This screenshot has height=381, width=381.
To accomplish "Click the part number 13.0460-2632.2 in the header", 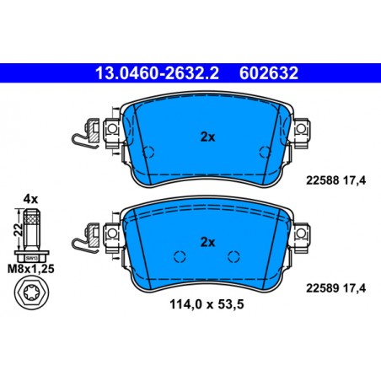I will click(148, 74).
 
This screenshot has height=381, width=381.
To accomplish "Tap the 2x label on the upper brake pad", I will click(207, 136).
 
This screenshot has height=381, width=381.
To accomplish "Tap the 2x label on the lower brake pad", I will click(207, 241).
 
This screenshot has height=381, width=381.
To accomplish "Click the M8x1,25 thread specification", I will click(31, 267).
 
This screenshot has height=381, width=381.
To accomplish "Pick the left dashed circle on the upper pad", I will click(148, 153).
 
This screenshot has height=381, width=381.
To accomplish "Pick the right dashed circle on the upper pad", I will click(266, 153).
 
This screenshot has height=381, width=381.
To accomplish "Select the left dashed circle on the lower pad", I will click(178, 258).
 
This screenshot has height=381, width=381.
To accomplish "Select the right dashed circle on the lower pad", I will click(236, 258).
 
